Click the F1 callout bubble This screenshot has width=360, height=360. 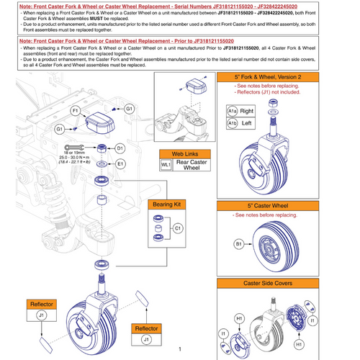[74, 110]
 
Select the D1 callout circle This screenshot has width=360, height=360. [120, 148]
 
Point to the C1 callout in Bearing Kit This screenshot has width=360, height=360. [176, 229]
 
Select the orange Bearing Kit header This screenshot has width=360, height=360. [167, 205]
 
